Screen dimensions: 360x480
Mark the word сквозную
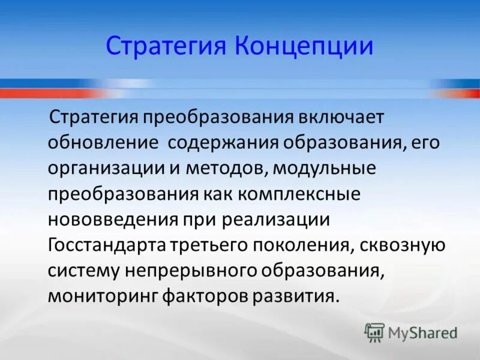pyautogui.click(x=401, y=246)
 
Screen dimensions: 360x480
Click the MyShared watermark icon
pyautogui.click(x=374, y=332)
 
